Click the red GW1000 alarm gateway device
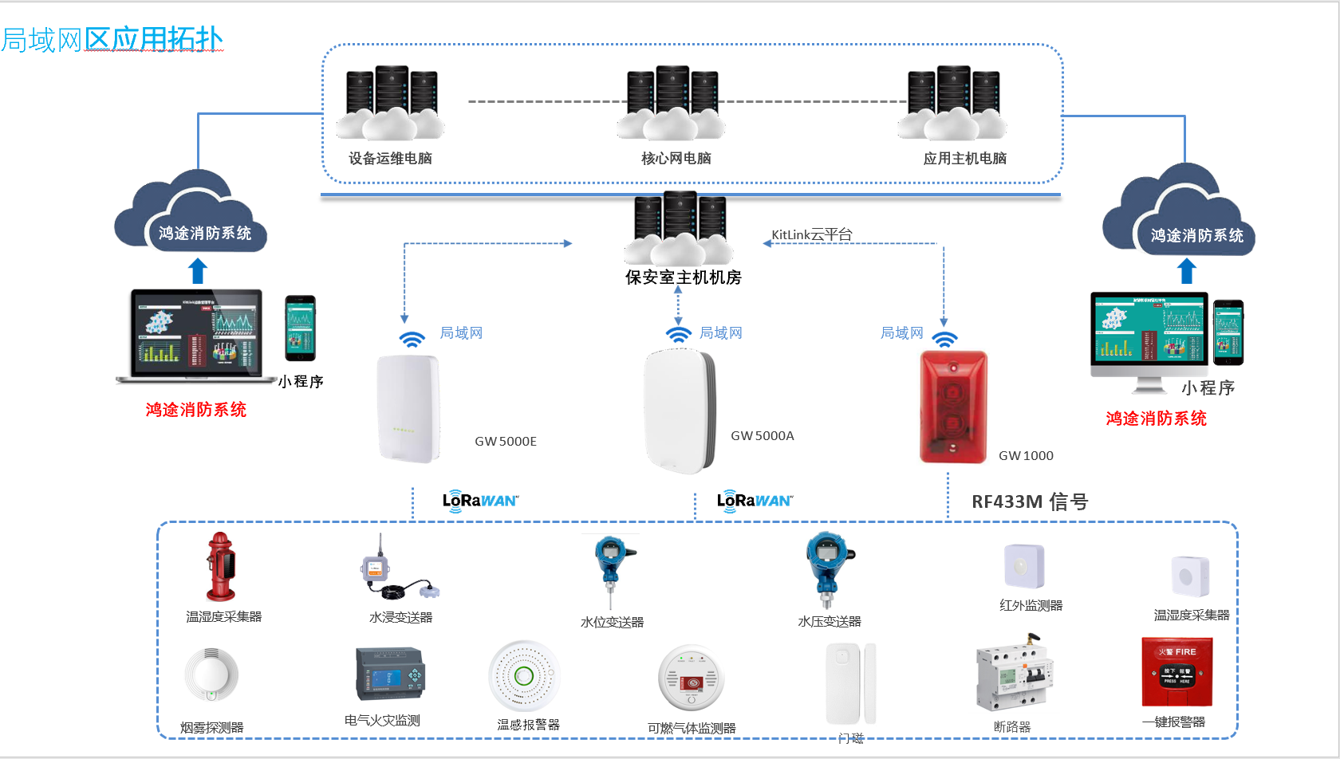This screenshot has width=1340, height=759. coord(953,407)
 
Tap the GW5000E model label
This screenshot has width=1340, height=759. coord(506,442)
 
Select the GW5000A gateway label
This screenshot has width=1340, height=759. coord(763,436)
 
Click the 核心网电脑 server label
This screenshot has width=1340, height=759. coord(676,159)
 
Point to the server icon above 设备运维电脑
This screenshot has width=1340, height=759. coord(391,103)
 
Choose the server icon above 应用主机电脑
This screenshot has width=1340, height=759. coord(953,103)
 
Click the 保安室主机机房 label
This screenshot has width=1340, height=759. coord(684,277)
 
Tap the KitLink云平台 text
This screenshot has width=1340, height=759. coord(812,234)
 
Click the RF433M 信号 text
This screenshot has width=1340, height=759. coord(1030,501)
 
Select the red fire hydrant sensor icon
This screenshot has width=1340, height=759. coord(221,566)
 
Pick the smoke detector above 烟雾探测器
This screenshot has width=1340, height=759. coord(211,674)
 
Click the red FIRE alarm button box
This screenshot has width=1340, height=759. coord(1176,671)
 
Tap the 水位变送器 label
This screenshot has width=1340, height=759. coord(612,623)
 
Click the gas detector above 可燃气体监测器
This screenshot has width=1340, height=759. coord(691,678)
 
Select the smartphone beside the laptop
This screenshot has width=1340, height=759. coord(300,328)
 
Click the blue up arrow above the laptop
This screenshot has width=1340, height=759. coord(198,271)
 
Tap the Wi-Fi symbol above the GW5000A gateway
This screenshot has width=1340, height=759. coord(678,334)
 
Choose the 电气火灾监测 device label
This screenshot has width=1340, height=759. coord(382,721)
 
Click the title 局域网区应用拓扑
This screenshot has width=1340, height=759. coord(112,39)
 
